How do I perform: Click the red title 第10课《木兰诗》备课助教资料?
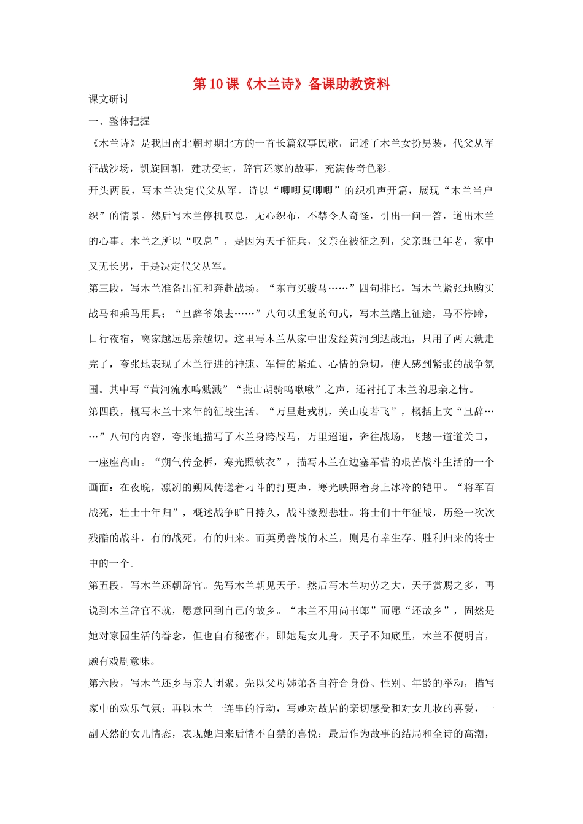tap(291, 85)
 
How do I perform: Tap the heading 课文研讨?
tap(109, 99)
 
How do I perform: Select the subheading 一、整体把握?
tap(119, 121)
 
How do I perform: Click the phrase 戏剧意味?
tap(129, 661)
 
